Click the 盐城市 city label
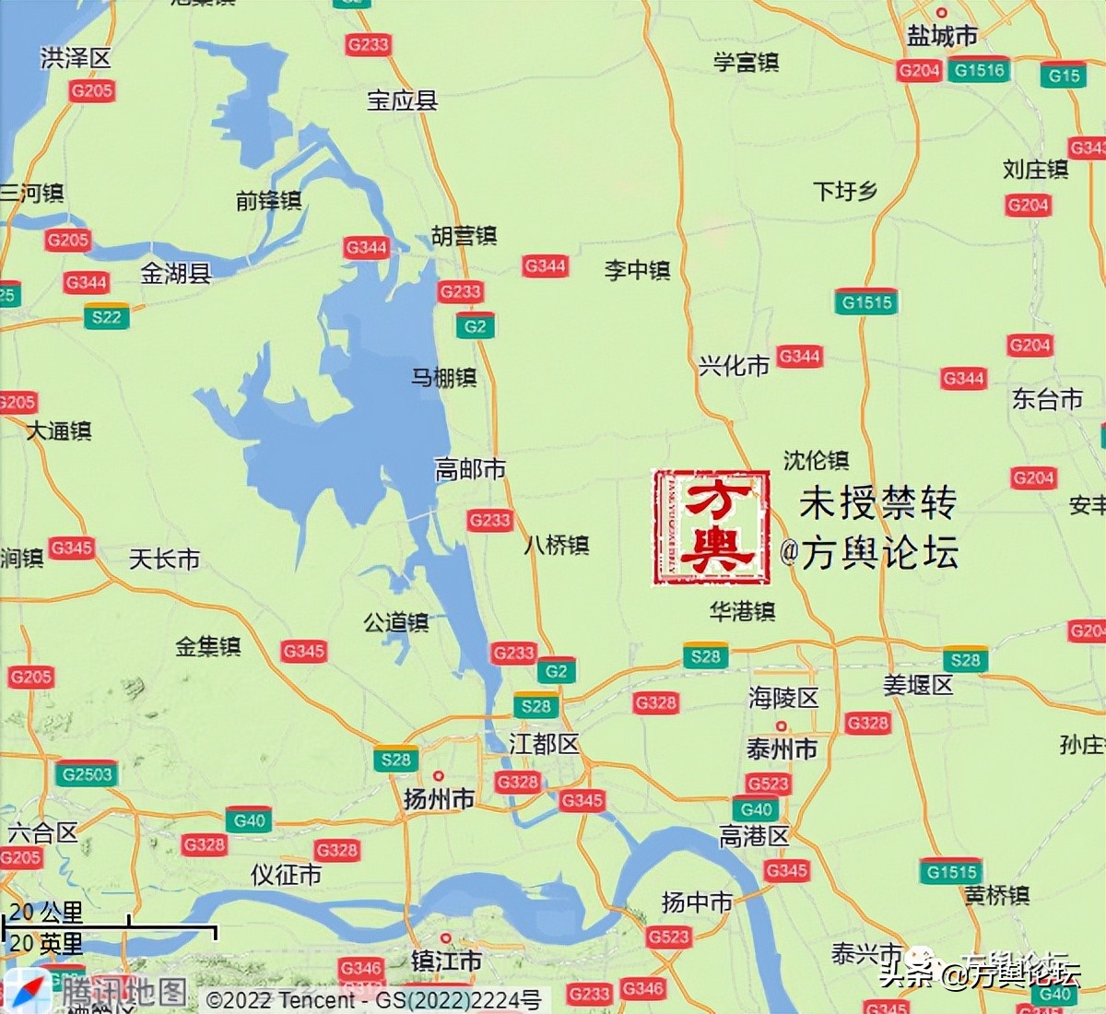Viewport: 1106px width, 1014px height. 942,35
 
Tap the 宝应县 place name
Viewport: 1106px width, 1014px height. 402,100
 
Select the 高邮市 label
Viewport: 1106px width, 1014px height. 470,470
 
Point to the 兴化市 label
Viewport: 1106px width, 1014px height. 734,366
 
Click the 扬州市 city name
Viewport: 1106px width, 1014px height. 439,798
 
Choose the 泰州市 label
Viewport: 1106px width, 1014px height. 782,749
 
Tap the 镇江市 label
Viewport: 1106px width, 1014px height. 446,961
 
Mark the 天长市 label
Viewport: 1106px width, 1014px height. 164,559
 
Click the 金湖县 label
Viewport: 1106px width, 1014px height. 175,273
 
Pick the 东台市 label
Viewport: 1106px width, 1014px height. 1047,398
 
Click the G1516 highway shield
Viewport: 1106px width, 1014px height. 980,70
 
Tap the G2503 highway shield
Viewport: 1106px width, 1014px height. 88,774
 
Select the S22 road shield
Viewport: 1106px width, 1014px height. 107,317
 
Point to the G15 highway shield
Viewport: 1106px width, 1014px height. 1065,76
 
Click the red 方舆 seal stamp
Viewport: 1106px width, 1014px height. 712,527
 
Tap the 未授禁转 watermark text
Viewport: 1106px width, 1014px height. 877,503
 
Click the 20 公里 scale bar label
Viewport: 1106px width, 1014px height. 46,913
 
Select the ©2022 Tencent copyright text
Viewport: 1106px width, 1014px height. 280,1000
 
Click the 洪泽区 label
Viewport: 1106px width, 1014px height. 76,58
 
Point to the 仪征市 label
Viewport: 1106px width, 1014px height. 286,874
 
